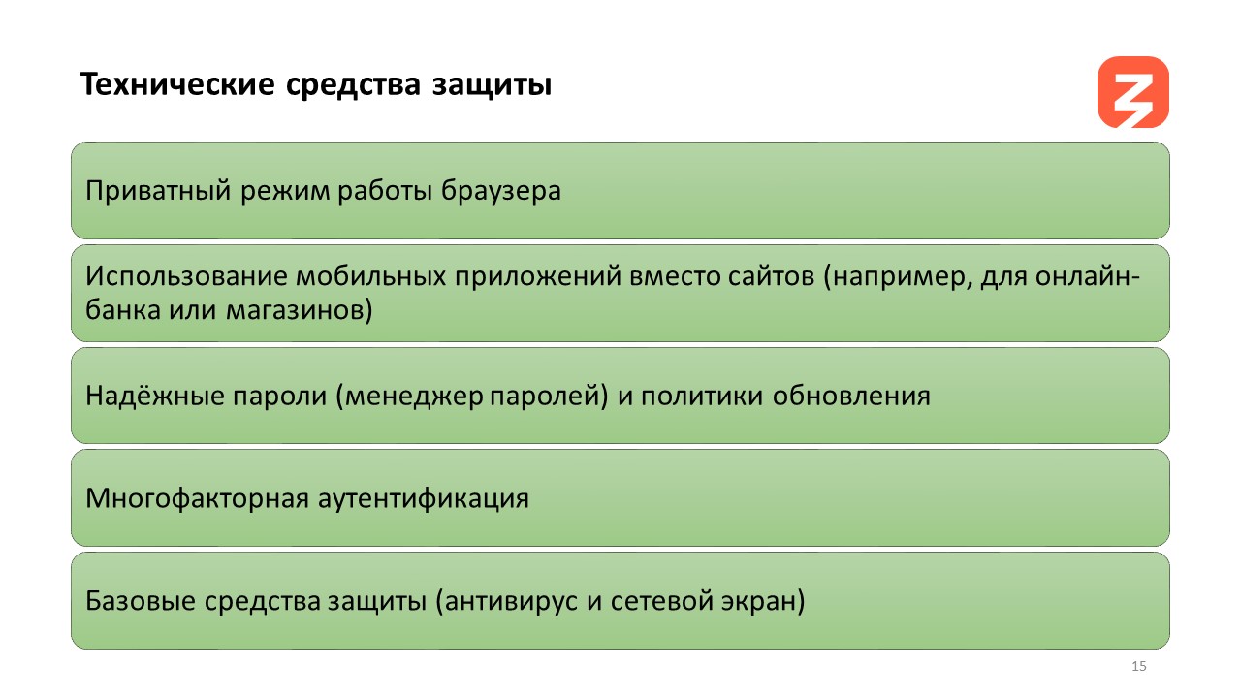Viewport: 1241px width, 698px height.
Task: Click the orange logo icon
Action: [x=1133, y=92]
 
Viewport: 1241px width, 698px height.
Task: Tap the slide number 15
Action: [x=1138, y=666]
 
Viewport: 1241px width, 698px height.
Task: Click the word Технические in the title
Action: [x=177, y=84]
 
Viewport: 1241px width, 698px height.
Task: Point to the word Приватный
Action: [x=158, y=191]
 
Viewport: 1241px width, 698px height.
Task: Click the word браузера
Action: [x=501, y=191]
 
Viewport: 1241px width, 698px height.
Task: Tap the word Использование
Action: [x=186, y=276]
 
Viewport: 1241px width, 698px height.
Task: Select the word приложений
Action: [x=538, y=277]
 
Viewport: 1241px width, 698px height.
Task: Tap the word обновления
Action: [x=851, y=396]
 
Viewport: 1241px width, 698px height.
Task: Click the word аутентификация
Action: [x=424, y=498]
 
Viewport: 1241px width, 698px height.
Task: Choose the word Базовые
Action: [x=141, y=601]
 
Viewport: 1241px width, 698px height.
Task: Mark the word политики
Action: [x=702, y=397]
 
